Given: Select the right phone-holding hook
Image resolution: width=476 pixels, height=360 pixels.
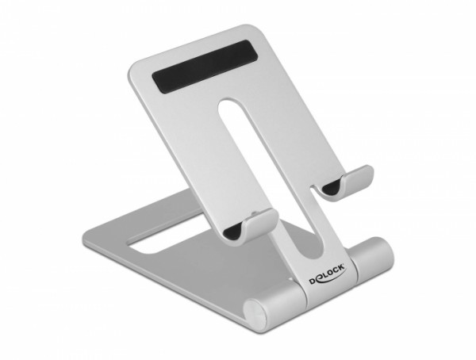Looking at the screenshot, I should coord(346,182).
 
